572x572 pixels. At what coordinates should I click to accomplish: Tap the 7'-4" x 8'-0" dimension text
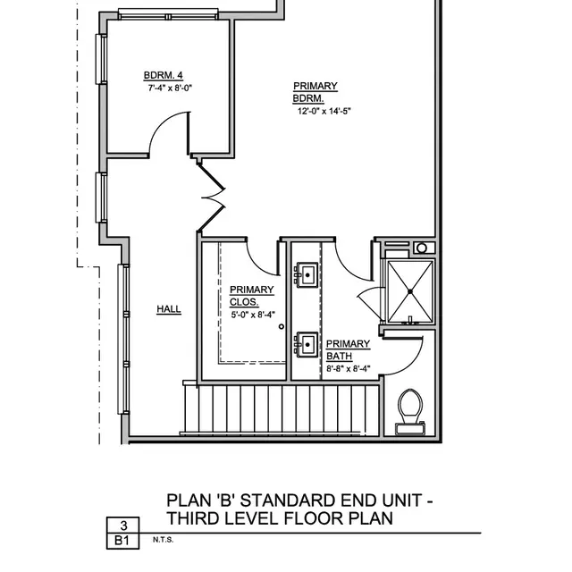171,88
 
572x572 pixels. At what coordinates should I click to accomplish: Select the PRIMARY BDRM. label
315,92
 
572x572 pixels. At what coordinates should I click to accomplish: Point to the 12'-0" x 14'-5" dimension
324,112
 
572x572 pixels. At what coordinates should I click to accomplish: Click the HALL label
169,309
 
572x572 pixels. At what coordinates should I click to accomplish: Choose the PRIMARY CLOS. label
251,295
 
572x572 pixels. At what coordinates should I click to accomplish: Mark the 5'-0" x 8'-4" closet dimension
255,314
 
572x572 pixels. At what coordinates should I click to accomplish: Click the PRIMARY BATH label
348,349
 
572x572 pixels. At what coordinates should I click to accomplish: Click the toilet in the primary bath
410,409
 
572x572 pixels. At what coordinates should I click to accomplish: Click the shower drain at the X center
409,290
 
